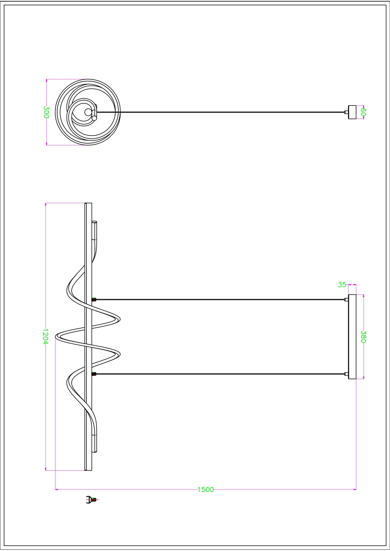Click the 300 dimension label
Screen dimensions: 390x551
tap(46, 112)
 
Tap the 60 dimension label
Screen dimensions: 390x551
tap(363, 112)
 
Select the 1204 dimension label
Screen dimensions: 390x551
tap(45, 337)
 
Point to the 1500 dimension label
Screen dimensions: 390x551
tap(206, 489)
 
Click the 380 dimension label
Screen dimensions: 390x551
tap(363, 337)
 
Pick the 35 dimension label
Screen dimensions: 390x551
tap(342, 284)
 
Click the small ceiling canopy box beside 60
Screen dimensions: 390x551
tap(352, 112)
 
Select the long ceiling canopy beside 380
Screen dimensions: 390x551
tap(352, 337)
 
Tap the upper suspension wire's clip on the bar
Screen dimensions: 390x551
tap(93, 300)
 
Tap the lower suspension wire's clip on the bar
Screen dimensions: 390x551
tap(93, 374)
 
